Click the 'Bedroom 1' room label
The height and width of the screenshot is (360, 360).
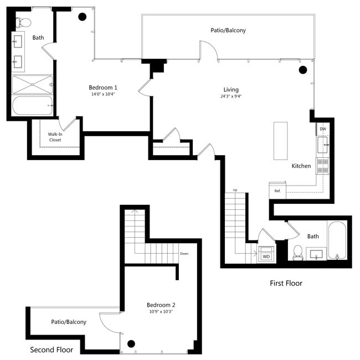pyautogui.click(x=103, y=88)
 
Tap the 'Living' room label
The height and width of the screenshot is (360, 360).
pyautogui.click(x=231, y=90)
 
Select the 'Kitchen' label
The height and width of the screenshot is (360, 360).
pyautogui.click(x=301, y=166)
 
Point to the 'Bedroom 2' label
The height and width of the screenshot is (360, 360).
pyautogui.click(x=161, y=305)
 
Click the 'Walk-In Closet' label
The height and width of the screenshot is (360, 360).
pyautogui.click(x=54, y=137)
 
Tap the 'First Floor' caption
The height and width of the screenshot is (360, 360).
pyautogui.click(x=286, y=283)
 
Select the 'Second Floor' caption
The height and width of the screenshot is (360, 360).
pyautogui.click(x=52, y=350)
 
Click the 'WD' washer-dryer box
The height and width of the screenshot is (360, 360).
pyautogui.click(x=266, y=256)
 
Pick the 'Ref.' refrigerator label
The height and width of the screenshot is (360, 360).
pyautogui.click(x=277, y=191)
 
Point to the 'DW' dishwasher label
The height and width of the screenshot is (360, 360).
pyautogui.click(x=323, y=129)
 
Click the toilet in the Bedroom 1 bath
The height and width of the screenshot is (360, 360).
pyautogui.click(x=24, y=23)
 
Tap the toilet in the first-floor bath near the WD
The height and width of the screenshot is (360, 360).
pyautogui.click(x=298, y=252)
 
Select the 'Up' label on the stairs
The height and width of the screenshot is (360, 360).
pyautogui.click(x=235, y=191)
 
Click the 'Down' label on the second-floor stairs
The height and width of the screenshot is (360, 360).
pyautogui.click(x=184, y=254)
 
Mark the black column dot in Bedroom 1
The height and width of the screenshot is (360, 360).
pyautogui.click(x=82, y=17)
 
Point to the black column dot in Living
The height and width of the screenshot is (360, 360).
pyautogui.click(x=303, y=70)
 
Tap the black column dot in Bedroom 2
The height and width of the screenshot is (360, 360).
pyautogui.click(x=132, y=343)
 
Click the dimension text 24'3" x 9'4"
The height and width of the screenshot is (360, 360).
pyautogui.click(x=230, y=97)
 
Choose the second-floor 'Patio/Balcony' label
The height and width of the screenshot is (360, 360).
pyautogui.click(x=69, y=322)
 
